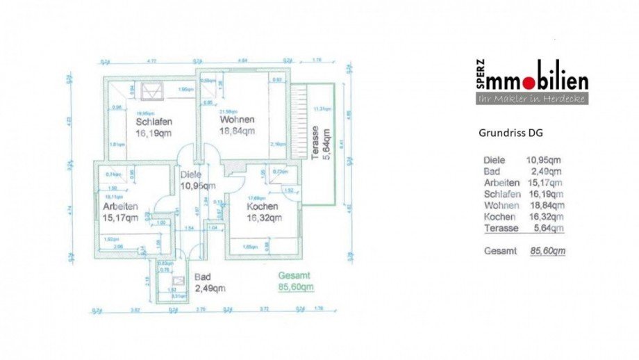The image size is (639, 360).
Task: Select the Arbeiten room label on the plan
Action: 120,206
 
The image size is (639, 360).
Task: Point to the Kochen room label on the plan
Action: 262,206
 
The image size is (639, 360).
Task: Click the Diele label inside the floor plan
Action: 191,176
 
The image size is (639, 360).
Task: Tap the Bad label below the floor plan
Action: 202,277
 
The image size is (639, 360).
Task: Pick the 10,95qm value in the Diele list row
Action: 544,160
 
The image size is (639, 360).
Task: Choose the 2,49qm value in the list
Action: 547,171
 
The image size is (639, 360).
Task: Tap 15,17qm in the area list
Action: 545,183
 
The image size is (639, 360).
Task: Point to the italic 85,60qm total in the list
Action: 547,251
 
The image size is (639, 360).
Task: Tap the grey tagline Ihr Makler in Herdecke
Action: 533,99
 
